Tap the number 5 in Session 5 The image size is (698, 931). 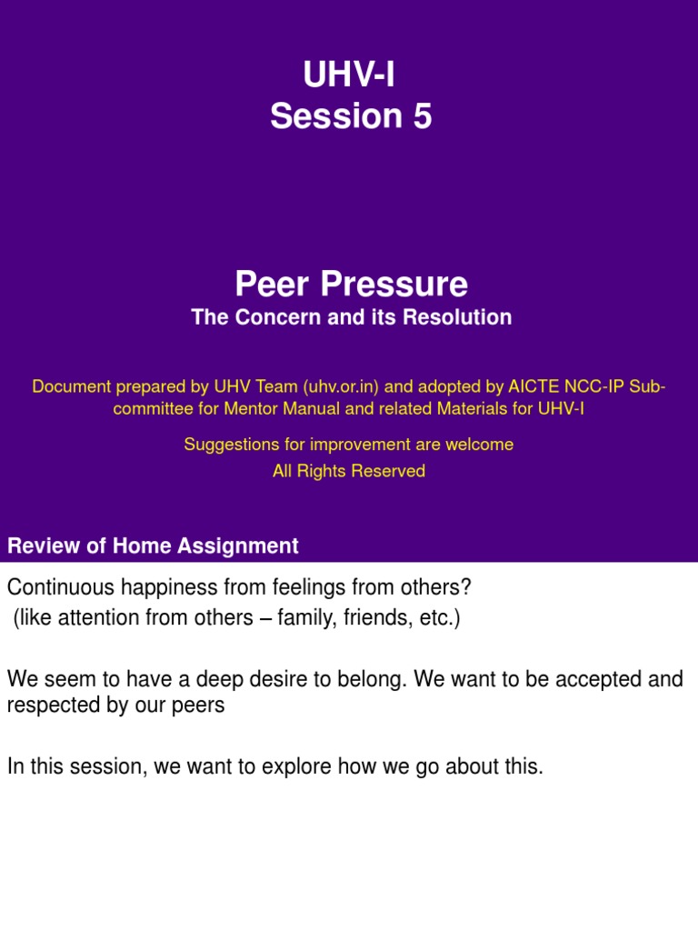pos(421,116)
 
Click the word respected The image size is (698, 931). pos(50,706)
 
